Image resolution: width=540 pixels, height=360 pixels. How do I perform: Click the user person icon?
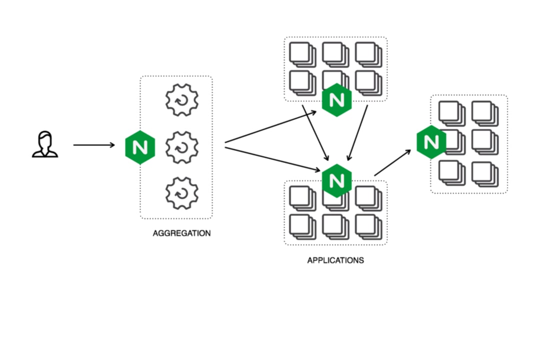[x=45, y=144]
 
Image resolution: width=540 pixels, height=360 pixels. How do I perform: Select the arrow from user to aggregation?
[x=94, y=145]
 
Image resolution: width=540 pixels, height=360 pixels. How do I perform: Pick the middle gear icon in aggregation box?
[x=182, y=147]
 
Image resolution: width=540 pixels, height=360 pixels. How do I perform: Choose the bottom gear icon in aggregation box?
[x=182, y=192]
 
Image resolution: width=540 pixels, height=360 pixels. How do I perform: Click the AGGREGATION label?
[x=181, y=233]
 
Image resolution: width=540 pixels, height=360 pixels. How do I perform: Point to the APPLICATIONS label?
[x=335, y=260]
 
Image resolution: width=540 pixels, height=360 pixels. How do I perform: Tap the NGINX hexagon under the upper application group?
[x=336, y=100]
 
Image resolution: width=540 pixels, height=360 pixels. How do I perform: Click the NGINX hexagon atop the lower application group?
[x=336, y=180]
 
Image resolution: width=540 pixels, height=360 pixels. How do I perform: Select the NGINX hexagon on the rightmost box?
[x=431, y=142]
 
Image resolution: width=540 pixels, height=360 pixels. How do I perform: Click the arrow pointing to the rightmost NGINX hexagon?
[x=392, y=161]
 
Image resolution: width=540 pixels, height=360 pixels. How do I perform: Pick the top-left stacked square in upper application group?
[x=302, y=54]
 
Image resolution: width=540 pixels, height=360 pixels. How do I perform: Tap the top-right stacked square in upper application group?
[x=368, y=54]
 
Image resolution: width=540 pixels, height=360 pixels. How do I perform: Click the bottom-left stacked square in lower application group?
[x=302, y=226]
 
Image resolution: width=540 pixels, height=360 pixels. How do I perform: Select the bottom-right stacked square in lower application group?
[x=368, y=226]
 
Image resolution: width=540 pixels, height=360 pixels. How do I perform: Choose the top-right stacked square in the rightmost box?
[x=484, y=113]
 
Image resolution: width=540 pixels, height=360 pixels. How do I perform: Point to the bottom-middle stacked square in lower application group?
[x=335, y=226]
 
